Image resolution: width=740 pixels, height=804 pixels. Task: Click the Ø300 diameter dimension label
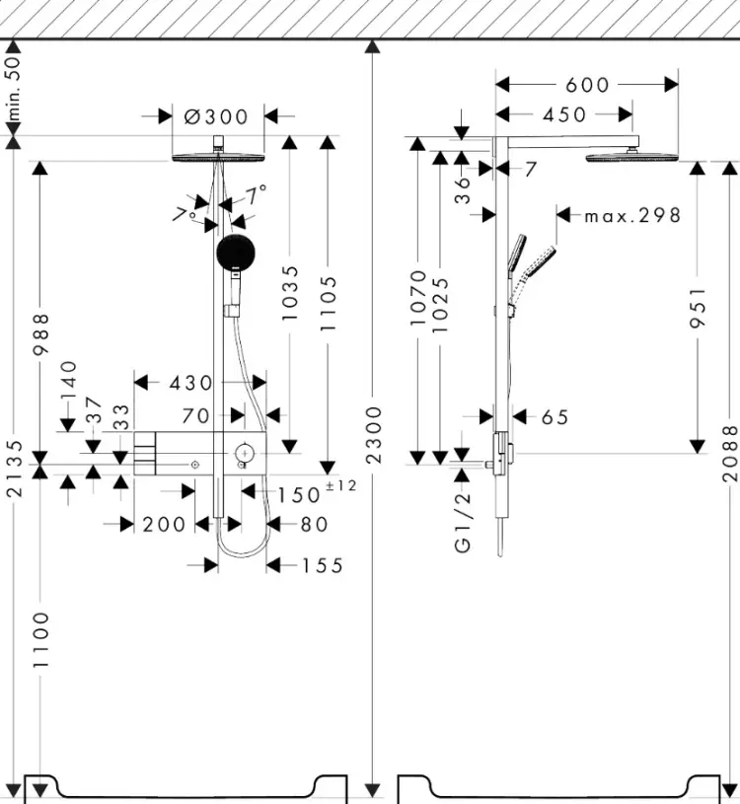click(x=216, y=116)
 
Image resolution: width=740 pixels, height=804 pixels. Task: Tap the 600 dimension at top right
click(x=587, y=85)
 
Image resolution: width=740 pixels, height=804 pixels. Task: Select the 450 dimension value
click(x=564, y=114)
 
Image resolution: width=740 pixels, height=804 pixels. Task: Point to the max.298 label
click(x=632, y=215)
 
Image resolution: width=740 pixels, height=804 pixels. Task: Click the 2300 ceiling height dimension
click(x=375, y=435)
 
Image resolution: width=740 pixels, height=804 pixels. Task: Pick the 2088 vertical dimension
click(x=730, y=453)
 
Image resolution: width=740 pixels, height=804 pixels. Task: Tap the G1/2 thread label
click(x=463, y=523)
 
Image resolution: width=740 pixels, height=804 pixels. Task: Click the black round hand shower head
click(x=236, y=253)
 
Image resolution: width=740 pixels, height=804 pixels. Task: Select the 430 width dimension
click(x=190, y=383)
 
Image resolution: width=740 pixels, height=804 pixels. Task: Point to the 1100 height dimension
click(x=40, y=639)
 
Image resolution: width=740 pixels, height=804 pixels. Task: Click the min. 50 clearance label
click(x=14, y=88)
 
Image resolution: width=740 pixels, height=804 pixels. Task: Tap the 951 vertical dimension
click(x=698, y=307)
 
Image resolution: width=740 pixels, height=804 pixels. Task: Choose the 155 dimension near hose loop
click(x=323, y=565)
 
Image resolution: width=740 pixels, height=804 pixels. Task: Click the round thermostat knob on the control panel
click(x=245, y=453)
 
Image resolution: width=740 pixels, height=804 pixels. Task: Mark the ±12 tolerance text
click(x=341, y=485)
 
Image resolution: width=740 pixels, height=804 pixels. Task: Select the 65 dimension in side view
click(x=555, y=417)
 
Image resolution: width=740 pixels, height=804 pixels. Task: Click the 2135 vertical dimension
click(x=16, y=469)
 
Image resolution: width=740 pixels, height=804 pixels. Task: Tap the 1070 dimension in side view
click(x=418, y=298)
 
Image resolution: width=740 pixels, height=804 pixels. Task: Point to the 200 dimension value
click(x=164, y=525)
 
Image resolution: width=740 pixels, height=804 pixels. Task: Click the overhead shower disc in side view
click(x=631, y=157)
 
